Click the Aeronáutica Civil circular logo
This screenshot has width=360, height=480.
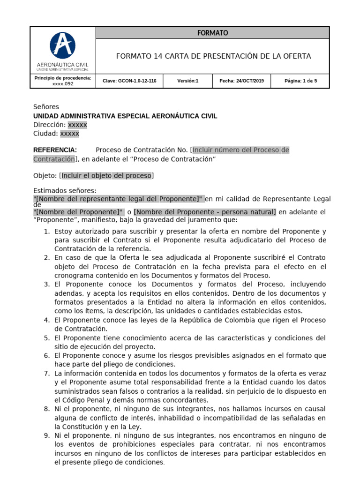pyautogui.click(x=63, y=45)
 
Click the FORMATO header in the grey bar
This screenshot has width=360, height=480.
pyautogui.click(x=212, y=33)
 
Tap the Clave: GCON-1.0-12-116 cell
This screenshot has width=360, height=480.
pyautogui.click(x=129, y=81)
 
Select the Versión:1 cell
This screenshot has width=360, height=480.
pyautogui.click(x=188, y=81)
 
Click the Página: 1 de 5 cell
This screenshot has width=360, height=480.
pyautogui.click(x=300, y=81)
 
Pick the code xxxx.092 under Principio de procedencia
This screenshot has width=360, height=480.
pyautogui.click(x=63, y=84)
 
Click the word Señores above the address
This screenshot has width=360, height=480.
pyautogui.click(x=46, y=107)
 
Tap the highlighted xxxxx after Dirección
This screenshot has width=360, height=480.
pyautogui.click(x=77, y=125)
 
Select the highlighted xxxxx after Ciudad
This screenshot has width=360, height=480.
pyautogui.click(x=70, y=134)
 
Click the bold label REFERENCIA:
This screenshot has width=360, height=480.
pyautogui.click(x=55, y=150)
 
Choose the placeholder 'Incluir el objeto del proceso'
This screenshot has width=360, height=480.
pyautogui.click(x=106, y=176)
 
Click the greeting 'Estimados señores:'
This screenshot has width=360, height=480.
pyautogui.click(x=65, y=190)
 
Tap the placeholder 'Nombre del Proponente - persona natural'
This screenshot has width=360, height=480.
pyautogui.click(x=205, y=212)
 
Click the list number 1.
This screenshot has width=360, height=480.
pyautogui.click(x=46, y=232)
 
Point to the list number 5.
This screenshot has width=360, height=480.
pyautogui.click(x=46, y=338)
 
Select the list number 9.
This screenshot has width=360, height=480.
pyautogui.click(x=46, y=435)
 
